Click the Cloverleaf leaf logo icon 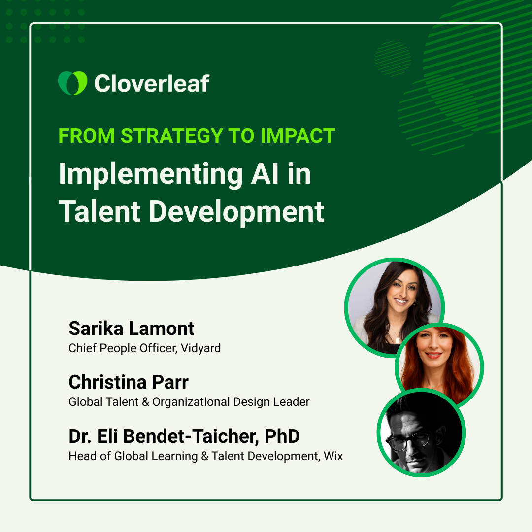pyautogui.click(x=72, y=83)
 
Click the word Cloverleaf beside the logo pyautogui.click(x=151, y=83)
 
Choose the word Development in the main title pyautogui.click(x=236, y=212)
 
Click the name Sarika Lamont pyautogui.click(x=132, y=329)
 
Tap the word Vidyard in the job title pyautogui.click(x=200, y=348)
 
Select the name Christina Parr pyautogui.click(x=129, y=382)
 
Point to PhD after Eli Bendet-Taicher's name pyautogui.click(x=282, y=436)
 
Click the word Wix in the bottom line pyautogui.click(x=333, y=456)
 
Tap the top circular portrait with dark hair pyautogui.click(x=394, y=305)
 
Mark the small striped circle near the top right pyautogui.click(x=393, y=58)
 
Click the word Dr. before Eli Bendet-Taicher pyautogui.click(x=80, y=436)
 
